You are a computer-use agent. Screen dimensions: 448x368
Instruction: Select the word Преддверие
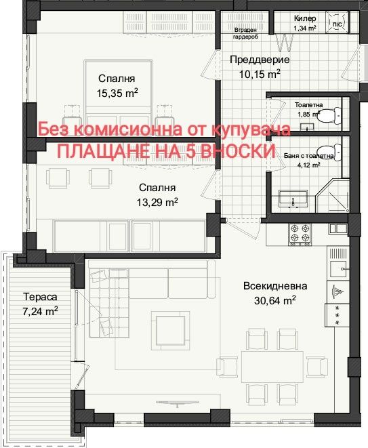pyautogui.click(x=260, y=60)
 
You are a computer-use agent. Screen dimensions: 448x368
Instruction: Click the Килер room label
pyautogui.click(x=306, y=19)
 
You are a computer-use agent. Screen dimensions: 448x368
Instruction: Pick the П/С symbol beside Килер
pyautogui.click(x=335, y=22)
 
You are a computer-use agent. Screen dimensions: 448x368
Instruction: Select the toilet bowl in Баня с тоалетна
pyautogui.click(x=329, y=150)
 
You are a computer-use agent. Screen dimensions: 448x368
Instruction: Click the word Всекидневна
pyautogui.click(x=275, y=286)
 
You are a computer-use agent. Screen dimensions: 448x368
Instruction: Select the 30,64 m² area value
pyautogui.click(x=275, y=300)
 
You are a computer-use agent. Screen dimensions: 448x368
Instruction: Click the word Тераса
pyautogui.click(x=39, y=297)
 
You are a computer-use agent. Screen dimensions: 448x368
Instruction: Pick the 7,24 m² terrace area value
pyautogui.click(x=39, y=311)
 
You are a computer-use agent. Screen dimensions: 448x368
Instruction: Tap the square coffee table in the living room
pyautogui.click(x=169, y=330)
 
